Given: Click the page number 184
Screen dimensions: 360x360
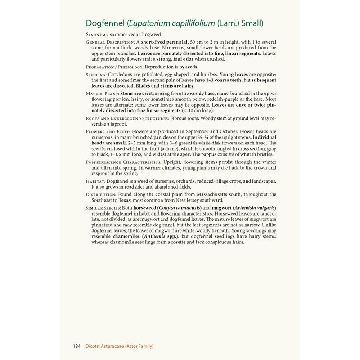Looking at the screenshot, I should point(77,346).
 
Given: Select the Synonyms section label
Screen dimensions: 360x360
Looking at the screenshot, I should point(98,35).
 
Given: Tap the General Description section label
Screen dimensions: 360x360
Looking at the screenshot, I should point(110,42).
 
